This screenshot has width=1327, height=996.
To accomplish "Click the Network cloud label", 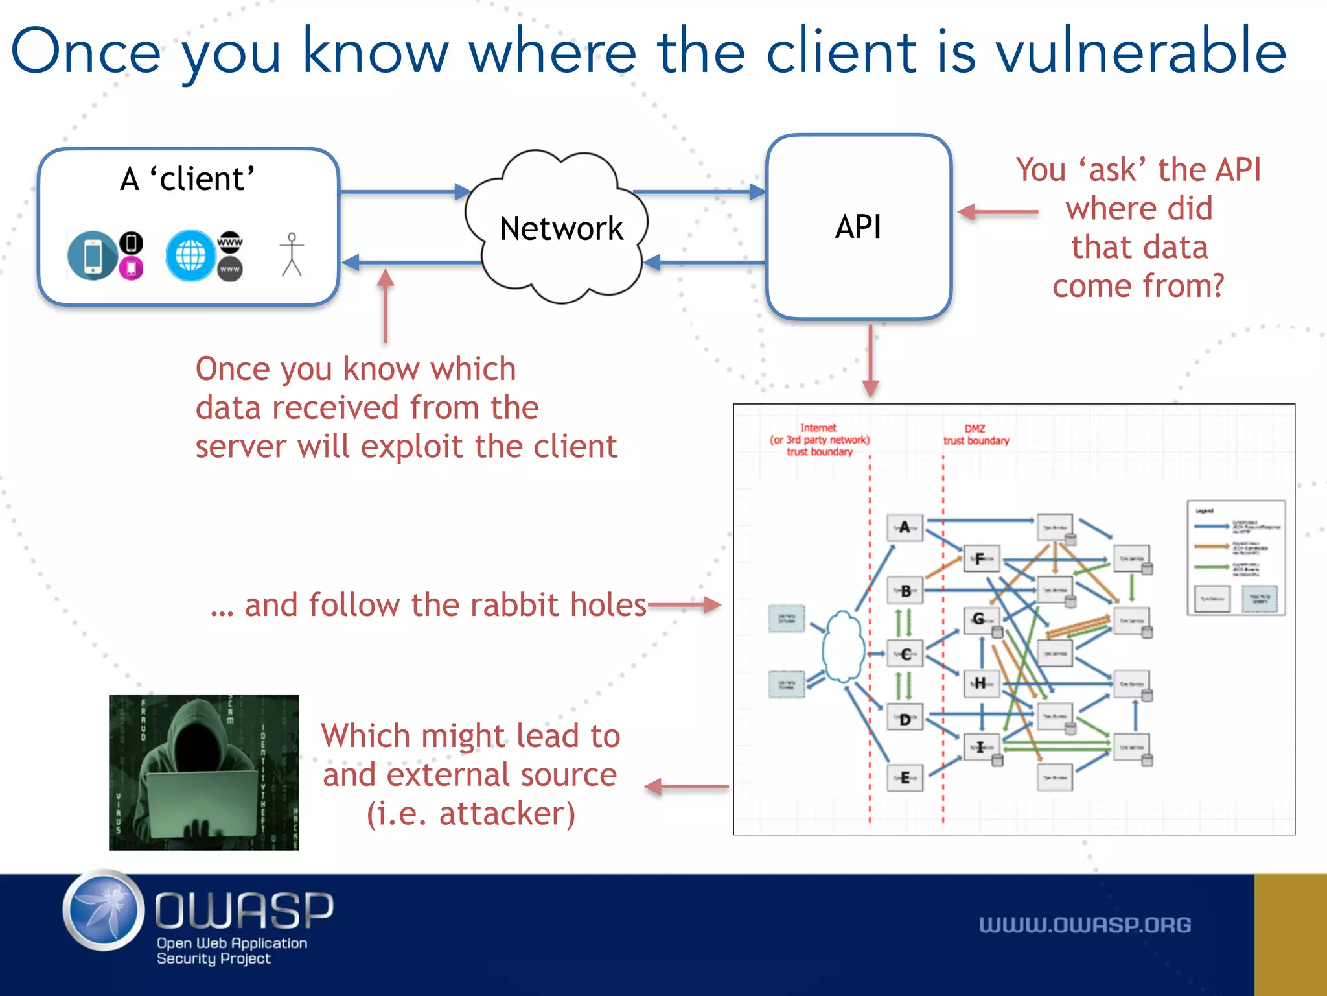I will (x=561, y=228).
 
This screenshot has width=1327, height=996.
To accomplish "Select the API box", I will (x=858, y=227).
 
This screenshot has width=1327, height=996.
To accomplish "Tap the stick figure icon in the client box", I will (x=292, y=255).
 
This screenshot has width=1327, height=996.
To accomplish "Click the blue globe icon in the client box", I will (x=190, y=255).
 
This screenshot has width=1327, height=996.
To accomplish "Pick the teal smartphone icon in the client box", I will (x=93, y=255).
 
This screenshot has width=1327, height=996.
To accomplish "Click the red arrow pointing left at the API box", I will (x=997, y=212).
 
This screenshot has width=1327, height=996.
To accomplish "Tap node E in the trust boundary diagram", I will (x=905, y=777).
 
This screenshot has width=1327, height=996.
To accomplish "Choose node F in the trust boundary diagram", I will (x=981, y=558).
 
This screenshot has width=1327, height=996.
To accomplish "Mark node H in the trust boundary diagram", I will (x=981, y=683).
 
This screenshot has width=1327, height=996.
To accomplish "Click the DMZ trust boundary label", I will (x=976, y=434).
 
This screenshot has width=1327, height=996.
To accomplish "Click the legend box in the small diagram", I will (x=1236, y=558).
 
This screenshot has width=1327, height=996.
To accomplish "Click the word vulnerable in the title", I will (x=1140, y=52).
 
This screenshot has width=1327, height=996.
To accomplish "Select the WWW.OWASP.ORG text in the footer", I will (x=1085, y=925).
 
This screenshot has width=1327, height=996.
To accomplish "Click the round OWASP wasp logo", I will (x=104, y=910).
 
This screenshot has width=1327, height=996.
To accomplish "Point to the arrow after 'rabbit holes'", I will (x=684, y=605).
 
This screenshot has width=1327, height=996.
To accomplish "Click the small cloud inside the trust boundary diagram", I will (x=842, y=646).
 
